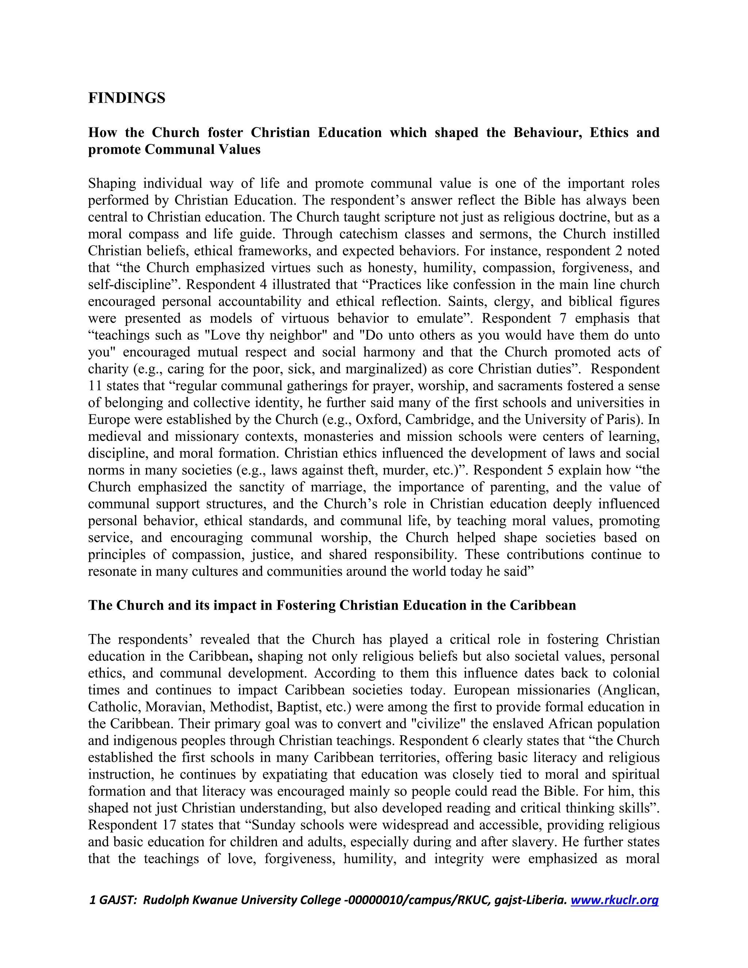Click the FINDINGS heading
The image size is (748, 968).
coord(127,98)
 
